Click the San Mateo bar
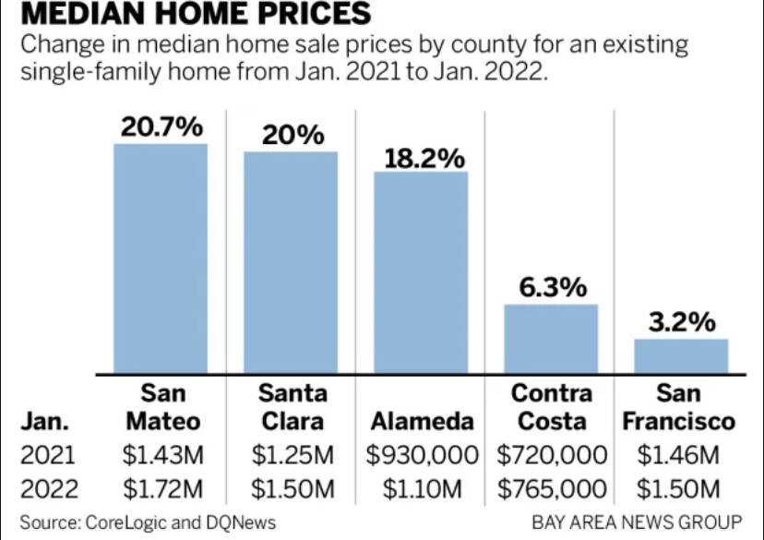(x=161, y=258)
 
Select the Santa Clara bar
(x=291, y=262)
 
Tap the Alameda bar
(x=421, y=272)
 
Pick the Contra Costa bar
(x=551, y=339)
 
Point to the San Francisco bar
(x=681, y=355)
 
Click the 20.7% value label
(x=161, y=127)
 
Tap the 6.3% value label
(x=553, y=287)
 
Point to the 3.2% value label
(x=681, y=323)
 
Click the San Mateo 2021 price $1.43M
(x=162, y=454)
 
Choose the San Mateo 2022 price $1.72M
(x=162, y=487)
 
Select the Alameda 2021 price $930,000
(x=423, y=454)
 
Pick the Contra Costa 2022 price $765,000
(x=552, y=487)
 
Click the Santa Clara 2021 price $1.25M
(x=292, y=454)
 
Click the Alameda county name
(x=422, y=422)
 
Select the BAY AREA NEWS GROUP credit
(x=637, y=522)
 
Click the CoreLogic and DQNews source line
(x=148, y=522)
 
